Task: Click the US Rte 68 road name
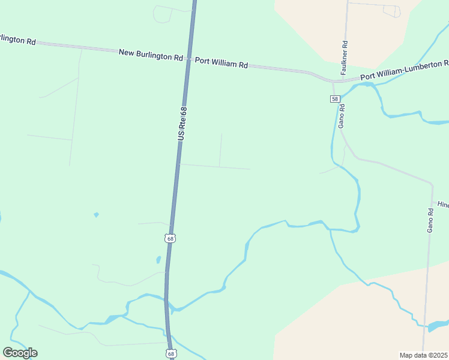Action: tap(183, 124)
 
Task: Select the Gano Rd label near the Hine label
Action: tap(430, 220)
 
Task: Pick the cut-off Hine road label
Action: tap(442, 205)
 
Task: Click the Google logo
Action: tap(20, 353)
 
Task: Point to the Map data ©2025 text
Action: tap(423, 355)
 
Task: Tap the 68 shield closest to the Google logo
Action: tap(172, 354)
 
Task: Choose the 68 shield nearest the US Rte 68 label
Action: tap(171, 238)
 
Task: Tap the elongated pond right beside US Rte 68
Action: tap(158, 260)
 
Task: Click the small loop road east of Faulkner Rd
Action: tap(391, 11)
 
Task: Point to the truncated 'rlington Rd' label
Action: tap(17, 40)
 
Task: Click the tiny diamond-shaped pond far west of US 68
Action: tap(96, 214)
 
